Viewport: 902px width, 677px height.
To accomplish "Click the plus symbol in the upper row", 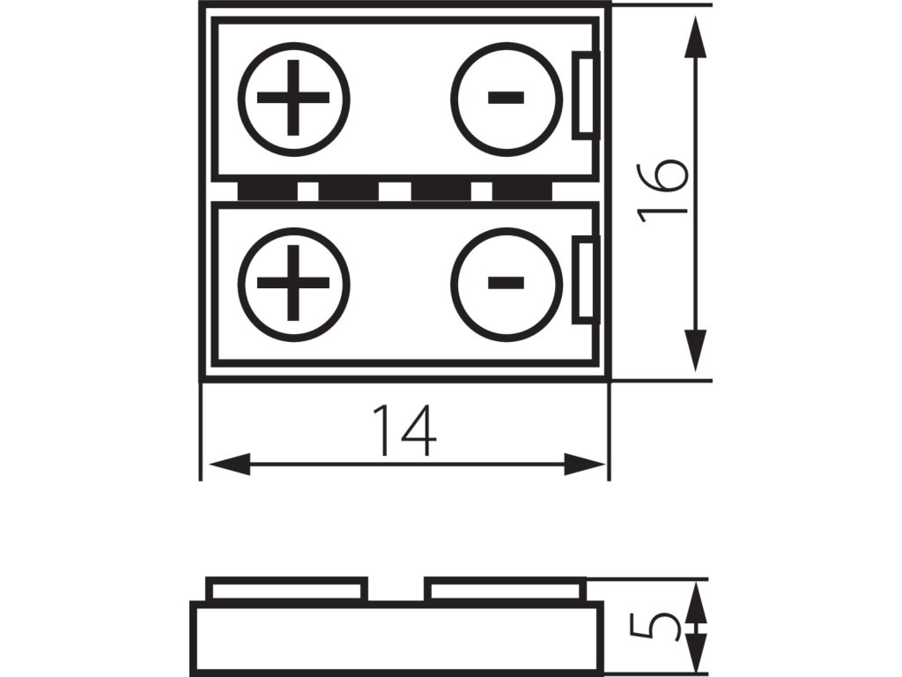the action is click(293, 98).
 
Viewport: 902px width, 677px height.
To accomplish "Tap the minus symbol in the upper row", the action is click(506, 97).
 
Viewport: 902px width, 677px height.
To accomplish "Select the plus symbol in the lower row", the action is click(293, 283).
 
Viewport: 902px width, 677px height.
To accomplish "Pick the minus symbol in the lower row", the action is click(506, 283).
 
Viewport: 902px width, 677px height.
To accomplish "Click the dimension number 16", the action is click(662, 190).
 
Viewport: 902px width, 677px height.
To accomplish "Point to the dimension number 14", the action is click(404, 430).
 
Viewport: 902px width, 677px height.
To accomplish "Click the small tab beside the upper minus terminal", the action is click(586, 95).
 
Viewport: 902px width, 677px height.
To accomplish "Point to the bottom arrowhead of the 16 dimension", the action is click(696, 348).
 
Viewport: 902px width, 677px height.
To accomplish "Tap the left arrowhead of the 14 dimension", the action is click(225, 463).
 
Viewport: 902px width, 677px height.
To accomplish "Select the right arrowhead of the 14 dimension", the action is click(585, 463).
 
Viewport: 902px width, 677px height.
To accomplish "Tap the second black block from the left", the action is click(348, 190).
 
